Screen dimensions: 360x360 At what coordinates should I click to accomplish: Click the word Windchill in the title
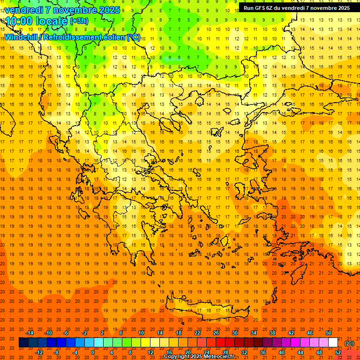[x=21, y=37]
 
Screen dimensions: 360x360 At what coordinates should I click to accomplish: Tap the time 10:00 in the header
[x=19, y=21]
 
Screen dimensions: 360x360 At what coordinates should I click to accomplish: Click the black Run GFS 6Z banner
[x=296, y=8]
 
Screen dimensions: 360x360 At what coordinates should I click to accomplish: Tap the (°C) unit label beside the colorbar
[x=349, y=343]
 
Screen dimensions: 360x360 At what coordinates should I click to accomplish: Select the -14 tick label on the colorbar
[x=30, y=333]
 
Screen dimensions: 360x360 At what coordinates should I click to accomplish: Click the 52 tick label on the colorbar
[x=338, y=352]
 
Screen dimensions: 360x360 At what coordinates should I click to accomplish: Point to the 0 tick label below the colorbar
[x=93, y=352]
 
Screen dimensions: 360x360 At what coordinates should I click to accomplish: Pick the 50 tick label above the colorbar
[x=329, y=333]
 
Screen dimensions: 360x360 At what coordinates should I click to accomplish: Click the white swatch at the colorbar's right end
[x=333, y=343]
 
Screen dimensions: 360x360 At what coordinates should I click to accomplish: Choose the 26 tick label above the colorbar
[x=216, y=333]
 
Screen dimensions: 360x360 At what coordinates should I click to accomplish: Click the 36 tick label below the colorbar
[x=263, y=352]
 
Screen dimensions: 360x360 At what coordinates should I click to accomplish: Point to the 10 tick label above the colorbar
[x=141, y=333]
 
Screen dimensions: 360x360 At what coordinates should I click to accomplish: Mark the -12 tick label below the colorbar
[x=39, y=352]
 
